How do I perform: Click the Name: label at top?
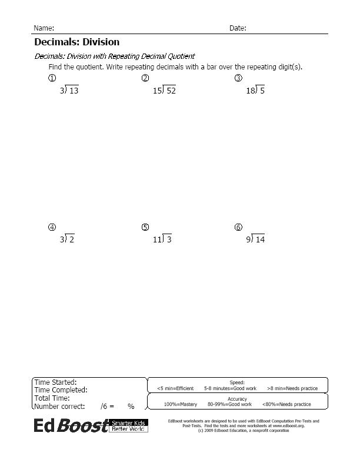point(44,28)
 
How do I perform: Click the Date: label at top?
point(238,28)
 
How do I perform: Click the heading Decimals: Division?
point(76,42)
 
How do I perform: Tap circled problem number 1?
point(52,78)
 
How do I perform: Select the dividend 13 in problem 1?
point(74,91)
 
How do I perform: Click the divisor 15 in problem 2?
point(157,91)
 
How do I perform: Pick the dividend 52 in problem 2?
point(171,91)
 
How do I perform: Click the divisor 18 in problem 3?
point(250,91)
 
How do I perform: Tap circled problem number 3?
point(238,78)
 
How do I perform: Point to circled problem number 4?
point(52,227)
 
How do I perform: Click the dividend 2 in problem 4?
point(71,239)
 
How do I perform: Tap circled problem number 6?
point(238,227)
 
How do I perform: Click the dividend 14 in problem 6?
point(260,239)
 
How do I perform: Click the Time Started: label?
point(55,382)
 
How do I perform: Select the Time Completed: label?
point(61,390)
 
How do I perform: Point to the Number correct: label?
point(59,406)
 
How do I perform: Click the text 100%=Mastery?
point(181,404)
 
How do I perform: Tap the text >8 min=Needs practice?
point(292,388)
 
